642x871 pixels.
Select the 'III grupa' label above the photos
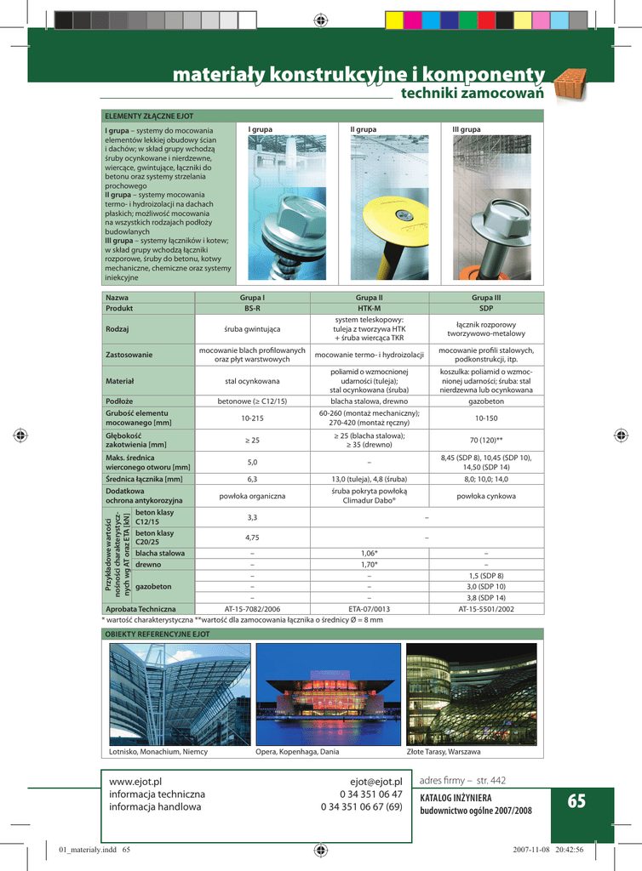(466, 129)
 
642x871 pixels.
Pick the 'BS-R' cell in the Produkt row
(252, 308)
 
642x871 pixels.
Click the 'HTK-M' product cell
(369, 308)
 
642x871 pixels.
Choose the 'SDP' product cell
(486, 308)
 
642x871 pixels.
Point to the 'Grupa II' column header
(369, 298)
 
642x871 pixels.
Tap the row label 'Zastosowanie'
(129, 354)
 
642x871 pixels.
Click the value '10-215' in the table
(252, 418)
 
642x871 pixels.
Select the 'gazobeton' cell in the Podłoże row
(486, 400)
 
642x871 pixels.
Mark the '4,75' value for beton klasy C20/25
(252, 538)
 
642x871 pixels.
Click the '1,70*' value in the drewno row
(369, 564)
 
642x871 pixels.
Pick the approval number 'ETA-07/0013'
(369, 609)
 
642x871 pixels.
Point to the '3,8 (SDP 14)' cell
(486, 597)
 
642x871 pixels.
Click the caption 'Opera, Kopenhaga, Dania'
(297, 752)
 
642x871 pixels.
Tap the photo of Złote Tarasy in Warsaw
(471, 693)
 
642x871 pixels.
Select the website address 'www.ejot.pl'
(135, 781)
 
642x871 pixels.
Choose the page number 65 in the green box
(576, 800)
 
